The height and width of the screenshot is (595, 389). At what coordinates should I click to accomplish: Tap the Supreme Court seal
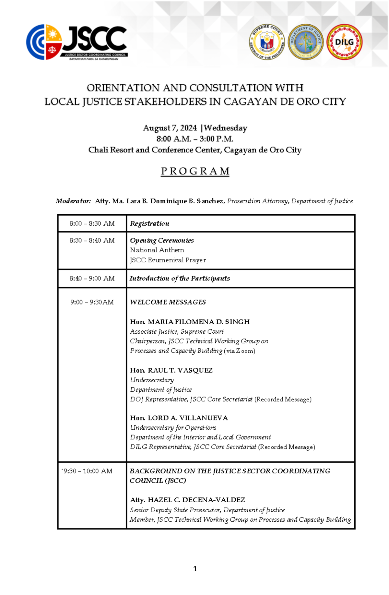click(x=267, y=42)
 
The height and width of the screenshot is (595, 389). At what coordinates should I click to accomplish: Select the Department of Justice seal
click(x=305, y=42)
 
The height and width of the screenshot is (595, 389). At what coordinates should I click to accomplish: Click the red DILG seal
click(x=344, y=42)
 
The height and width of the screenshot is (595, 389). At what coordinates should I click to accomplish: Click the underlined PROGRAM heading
click(x=195, y=171)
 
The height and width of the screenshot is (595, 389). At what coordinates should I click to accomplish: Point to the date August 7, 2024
click(x=170, y=128)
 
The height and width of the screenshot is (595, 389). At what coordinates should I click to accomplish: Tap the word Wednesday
click(x=225, y=128)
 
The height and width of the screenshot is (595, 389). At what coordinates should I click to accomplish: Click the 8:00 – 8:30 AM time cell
click(x=92, y=223)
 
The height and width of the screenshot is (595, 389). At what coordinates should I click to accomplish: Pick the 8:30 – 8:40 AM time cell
click(x=92, y=241)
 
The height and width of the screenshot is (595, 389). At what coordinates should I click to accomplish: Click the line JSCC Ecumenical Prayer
click(x=168, y=260)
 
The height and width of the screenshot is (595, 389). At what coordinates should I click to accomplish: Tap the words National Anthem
click(x=157, y=250)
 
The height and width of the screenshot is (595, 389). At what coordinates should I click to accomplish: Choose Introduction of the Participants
click(x=180, y=278)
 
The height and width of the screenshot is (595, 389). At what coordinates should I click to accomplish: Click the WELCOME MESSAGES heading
click(x=168, y=302)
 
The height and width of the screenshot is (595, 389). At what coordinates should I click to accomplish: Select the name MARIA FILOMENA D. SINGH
click(x=198, y=322)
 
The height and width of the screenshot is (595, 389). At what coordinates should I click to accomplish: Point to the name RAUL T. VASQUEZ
click(x=180, y=370)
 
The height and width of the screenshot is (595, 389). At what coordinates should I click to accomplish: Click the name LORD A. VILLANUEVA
click(x=188, y=418)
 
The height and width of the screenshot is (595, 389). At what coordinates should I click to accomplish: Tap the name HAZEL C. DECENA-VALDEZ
click(x=196, y=500)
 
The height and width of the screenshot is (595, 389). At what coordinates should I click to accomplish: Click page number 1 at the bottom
click(x=195, y=569)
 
